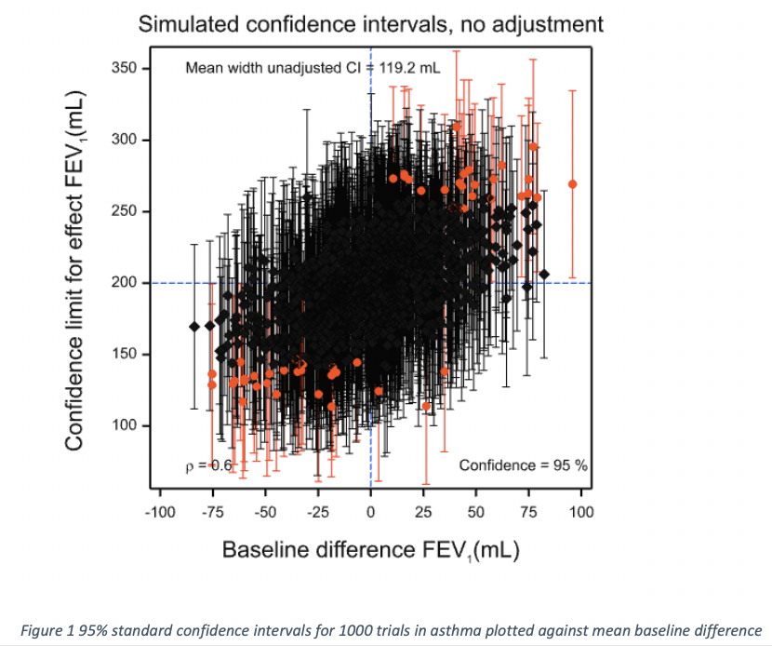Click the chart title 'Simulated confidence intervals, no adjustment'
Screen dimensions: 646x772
(370, 24)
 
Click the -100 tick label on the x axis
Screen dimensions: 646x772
(159, 511)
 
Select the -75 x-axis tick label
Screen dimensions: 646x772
(212, 511)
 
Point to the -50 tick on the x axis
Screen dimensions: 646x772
(265, 511)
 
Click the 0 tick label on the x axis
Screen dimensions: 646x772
(370, 511)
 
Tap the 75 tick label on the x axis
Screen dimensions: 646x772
(528, 511)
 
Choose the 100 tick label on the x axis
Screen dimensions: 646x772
(581, 511)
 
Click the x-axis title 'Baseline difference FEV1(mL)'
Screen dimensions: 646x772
(370, 550)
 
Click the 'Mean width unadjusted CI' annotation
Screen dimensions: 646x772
(313, 68)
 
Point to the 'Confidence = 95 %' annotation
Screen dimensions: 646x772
(523, 464)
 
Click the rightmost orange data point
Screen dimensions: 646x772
(572, 184)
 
